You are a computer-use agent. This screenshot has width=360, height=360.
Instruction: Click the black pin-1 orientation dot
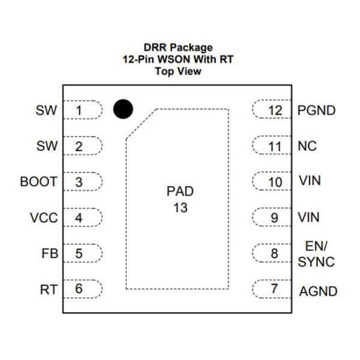point(123,109)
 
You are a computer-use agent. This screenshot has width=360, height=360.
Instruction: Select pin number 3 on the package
point(79,182)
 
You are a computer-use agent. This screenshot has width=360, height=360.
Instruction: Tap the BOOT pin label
point(38,182)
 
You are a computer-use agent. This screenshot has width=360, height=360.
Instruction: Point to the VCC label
point(44,218)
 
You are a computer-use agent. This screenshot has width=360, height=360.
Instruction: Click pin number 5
point(79,254)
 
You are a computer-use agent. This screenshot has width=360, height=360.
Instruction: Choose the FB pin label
point(50,254)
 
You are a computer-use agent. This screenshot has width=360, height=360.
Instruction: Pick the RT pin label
point(49,290)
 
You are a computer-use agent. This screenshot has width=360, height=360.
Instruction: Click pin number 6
point(79,289)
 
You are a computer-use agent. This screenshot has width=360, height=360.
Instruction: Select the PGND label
point(317,111)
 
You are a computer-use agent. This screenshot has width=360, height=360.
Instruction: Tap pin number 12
point(275,111)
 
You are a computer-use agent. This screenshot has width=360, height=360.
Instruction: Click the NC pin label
point(307,146)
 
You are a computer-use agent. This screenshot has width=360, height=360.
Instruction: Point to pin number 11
point(275,146)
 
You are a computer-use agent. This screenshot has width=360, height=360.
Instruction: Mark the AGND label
point(317,292)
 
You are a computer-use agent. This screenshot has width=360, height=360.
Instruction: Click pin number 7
point(274,289)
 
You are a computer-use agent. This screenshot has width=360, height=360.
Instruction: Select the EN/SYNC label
point(316,254)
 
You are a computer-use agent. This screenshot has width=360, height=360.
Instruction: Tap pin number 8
point(274,254)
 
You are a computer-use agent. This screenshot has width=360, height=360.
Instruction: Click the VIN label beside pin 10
point(308,181)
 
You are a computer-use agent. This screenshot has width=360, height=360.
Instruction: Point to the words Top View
point(178,71)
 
